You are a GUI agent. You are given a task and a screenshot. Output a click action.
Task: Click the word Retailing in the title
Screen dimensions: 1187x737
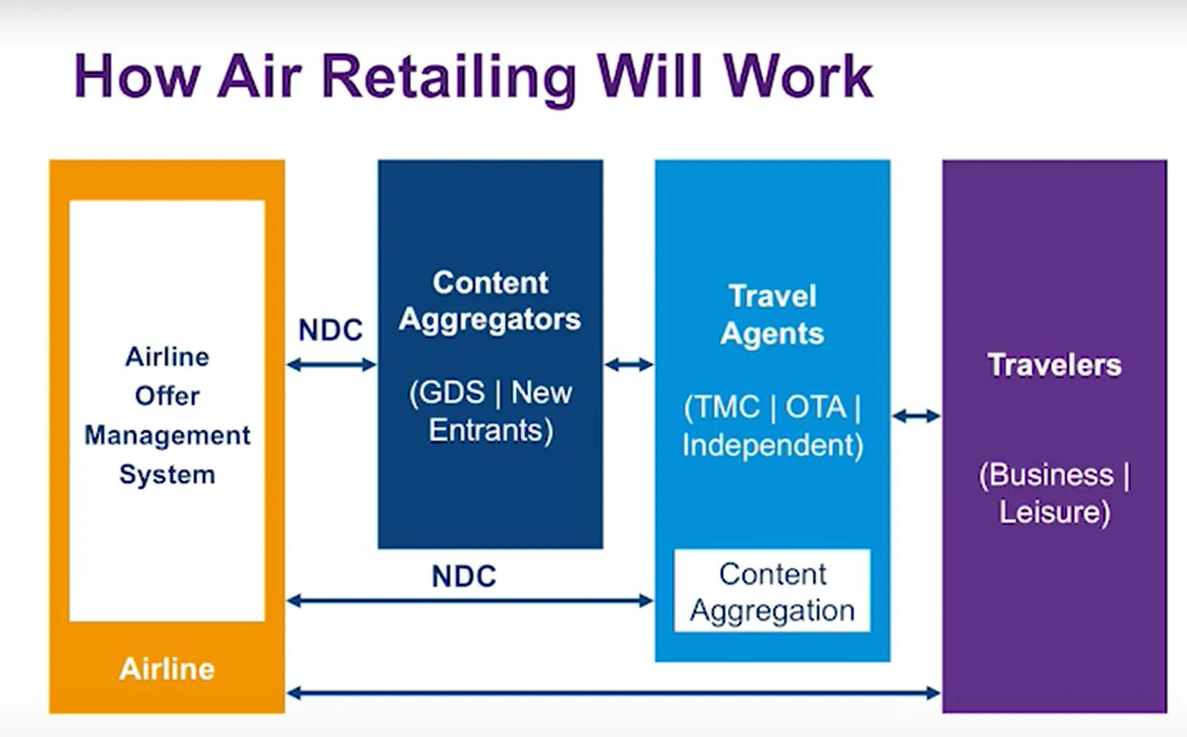(449, 79)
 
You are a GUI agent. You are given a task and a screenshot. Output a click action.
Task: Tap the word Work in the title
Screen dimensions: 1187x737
(799, 76)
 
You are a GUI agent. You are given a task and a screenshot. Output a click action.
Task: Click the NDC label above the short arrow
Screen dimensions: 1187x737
(330, 330)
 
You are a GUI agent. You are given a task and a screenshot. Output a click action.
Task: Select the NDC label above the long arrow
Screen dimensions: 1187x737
(464, 576)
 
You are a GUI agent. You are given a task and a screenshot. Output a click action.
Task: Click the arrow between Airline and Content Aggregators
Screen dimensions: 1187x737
(331, 365)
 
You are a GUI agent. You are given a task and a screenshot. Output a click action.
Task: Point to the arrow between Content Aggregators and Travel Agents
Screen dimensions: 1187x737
(629, 365)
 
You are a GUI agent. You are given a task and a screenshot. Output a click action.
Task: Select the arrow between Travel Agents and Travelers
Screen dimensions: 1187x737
(916, 416)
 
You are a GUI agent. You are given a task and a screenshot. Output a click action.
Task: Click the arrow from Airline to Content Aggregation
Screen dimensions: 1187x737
(470, 601)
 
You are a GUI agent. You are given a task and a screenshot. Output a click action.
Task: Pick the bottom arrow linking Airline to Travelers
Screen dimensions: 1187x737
(614, 693)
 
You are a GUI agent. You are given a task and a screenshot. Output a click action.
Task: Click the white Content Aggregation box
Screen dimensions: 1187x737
(772, 590)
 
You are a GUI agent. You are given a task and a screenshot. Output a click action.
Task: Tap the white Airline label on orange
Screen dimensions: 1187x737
(167, 669)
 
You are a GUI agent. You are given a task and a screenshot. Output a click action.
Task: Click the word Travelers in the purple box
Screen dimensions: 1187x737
(1055, 365)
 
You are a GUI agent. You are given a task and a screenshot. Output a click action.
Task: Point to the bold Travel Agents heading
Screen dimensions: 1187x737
(772, 315)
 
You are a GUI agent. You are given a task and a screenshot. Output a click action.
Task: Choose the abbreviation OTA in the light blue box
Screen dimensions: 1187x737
(816, 407)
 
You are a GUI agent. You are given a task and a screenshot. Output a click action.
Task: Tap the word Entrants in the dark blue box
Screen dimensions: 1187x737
(486, 430)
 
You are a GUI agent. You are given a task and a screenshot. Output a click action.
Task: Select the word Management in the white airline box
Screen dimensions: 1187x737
(168, 436)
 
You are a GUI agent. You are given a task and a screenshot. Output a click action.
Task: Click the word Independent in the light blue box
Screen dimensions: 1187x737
(769, 445)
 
